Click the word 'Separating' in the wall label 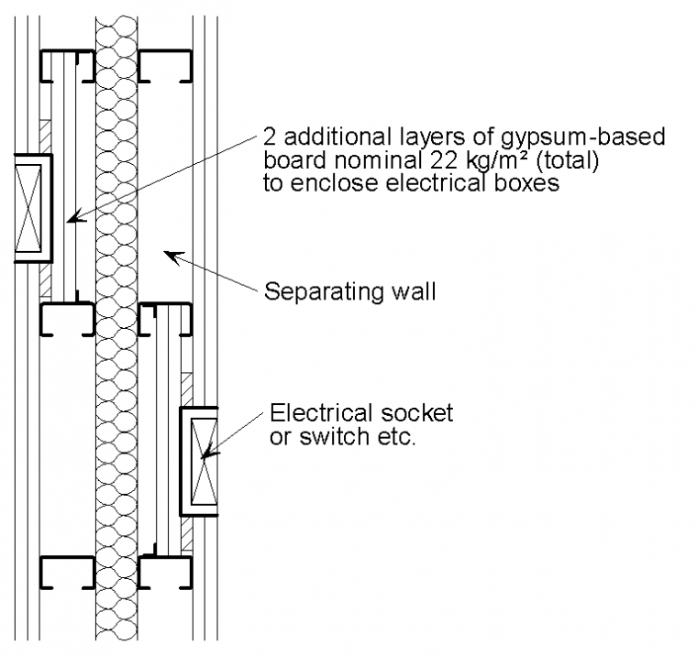coord(316,293)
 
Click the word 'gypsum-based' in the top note coord(586,137)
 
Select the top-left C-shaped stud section coord(67,63)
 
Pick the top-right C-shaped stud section coord(165,63)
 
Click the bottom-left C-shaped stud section coord(67,572)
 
